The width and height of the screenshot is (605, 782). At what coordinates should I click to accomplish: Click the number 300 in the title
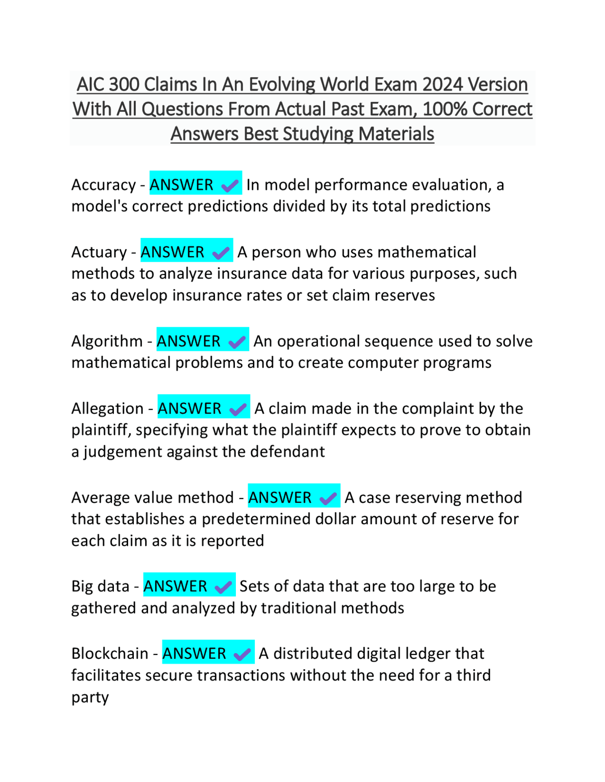(124, 85)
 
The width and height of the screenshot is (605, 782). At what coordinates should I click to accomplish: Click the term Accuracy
(104, 185)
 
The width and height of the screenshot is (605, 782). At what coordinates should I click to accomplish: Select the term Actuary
(99, 252)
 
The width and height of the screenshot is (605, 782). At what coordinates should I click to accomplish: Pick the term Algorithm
(107, 341)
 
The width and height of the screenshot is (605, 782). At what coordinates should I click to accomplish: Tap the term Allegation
(107, 408)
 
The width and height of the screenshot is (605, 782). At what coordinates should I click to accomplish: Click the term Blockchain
(110, 654)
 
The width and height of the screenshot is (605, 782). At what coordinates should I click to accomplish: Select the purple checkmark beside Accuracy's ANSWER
(230, 186)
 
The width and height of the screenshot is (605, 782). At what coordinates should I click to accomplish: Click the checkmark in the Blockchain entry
(242, 654)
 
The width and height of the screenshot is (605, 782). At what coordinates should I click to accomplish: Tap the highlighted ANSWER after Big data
(175, 586)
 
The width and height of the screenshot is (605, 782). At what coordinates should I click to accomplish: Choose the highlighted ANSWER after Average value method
(280, 498)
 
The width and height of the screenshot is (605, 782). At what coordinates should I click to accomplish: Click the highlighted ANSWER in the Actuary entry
(173, 252)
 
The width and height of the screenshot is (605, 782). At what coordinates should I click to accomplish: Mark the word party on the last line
(90, 697)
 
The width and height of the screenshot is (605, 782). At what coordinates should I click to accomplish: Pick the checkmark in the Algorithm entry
(237, 342)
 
